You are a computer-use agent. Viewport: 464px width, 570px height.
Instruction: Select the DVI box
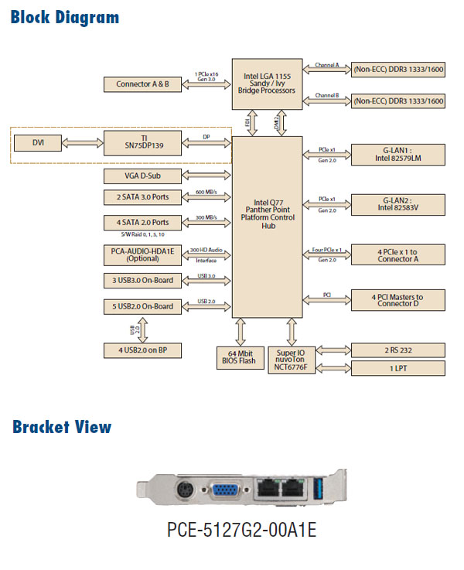pos(39,142)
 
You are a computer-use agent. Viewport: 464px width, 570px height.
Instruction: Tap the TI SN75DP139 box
pos(144,142)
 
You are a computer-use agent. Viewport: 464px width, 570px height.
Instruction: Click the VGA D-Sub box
pos(143,176)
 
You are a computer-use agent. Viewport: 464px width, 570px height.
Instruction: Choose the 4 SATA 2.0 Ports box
pos(143,222)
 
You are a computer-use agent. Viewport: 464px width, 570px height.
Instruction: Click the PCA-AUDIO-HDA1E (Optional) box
pos(143,254)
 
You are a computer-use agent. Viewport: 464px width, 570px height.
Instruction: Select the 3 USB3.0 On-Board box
pos(143,280)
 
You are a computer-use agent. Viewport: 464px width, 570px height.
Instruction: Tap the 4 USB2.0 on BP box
pos(143,351)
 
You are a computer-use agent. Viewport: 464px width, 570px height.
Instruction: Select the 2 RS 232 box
pos(397,350)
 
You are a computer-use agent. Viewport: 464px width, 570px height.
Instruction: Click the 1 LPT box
pos(397,368)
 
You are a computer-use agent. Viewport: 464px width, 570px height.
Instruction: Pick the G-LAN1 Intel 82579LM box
pos(397,155)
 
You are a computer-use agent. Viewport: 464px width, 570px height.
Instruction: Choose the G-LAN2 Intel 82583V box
pos(397,204)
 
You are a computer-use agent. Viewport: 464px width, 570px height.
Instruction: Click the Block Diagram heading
pos(65,17)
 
